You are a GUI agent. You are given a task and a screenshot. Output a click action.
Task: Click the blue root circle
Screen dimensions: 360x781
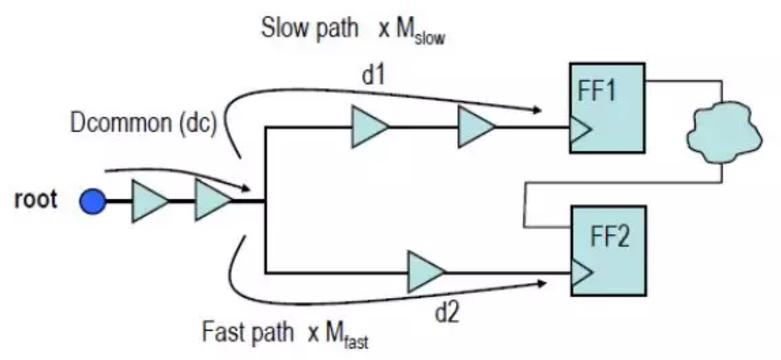[93, 201]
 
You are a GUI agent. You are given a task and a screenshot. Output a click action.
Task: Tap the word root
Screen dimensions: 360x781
[36, 199]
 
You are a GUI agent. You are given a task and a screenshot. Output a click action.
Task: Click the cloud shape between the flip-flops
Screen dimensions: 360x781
[724, 132]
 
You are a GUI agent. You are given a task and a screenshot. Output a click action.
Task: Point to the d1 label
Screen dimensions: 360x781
[373, 75]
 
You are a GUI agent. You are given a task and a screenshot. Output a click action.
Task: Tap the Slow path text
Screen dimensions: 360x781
[309, 28]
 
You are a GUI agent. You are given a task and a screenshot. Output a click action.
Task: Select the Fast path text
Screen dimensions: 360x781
[248, 332]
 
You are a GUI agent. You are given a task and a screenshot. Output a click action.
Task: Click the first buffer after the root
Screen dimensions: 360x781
[149, 201]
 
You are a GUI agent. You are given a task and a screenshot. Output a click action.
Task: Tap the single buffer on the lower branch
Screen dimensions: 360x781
[425, 272]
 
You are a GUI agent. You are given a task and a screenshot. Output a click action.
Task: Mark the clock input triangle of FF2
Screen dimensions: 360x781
[581, 272]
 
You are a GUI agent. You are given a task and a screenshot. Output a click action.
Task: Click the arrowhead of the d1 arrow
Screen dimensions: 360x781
[538, 110]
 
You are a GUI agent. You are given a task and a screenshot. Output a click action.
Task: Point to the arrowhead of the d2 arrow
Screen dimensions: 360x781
[542, 283]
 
